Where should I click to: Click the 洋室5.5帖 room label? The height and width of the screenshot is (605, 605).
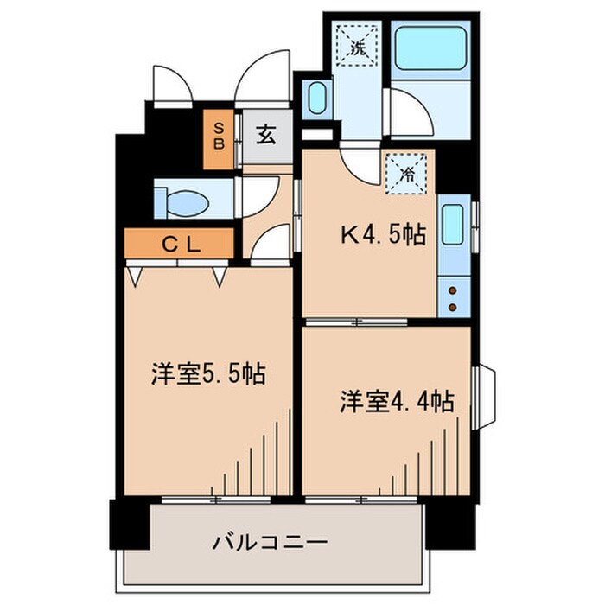pos(207,374)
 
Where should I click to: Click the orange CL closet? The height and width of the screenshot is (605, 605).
pos(180,245)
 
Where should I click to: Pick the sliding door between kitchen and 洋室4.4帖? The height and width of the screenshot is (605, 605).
pos(354,322)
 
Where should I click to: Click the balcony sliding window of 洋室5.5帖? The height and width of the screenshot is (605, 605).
pos(216,500)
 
